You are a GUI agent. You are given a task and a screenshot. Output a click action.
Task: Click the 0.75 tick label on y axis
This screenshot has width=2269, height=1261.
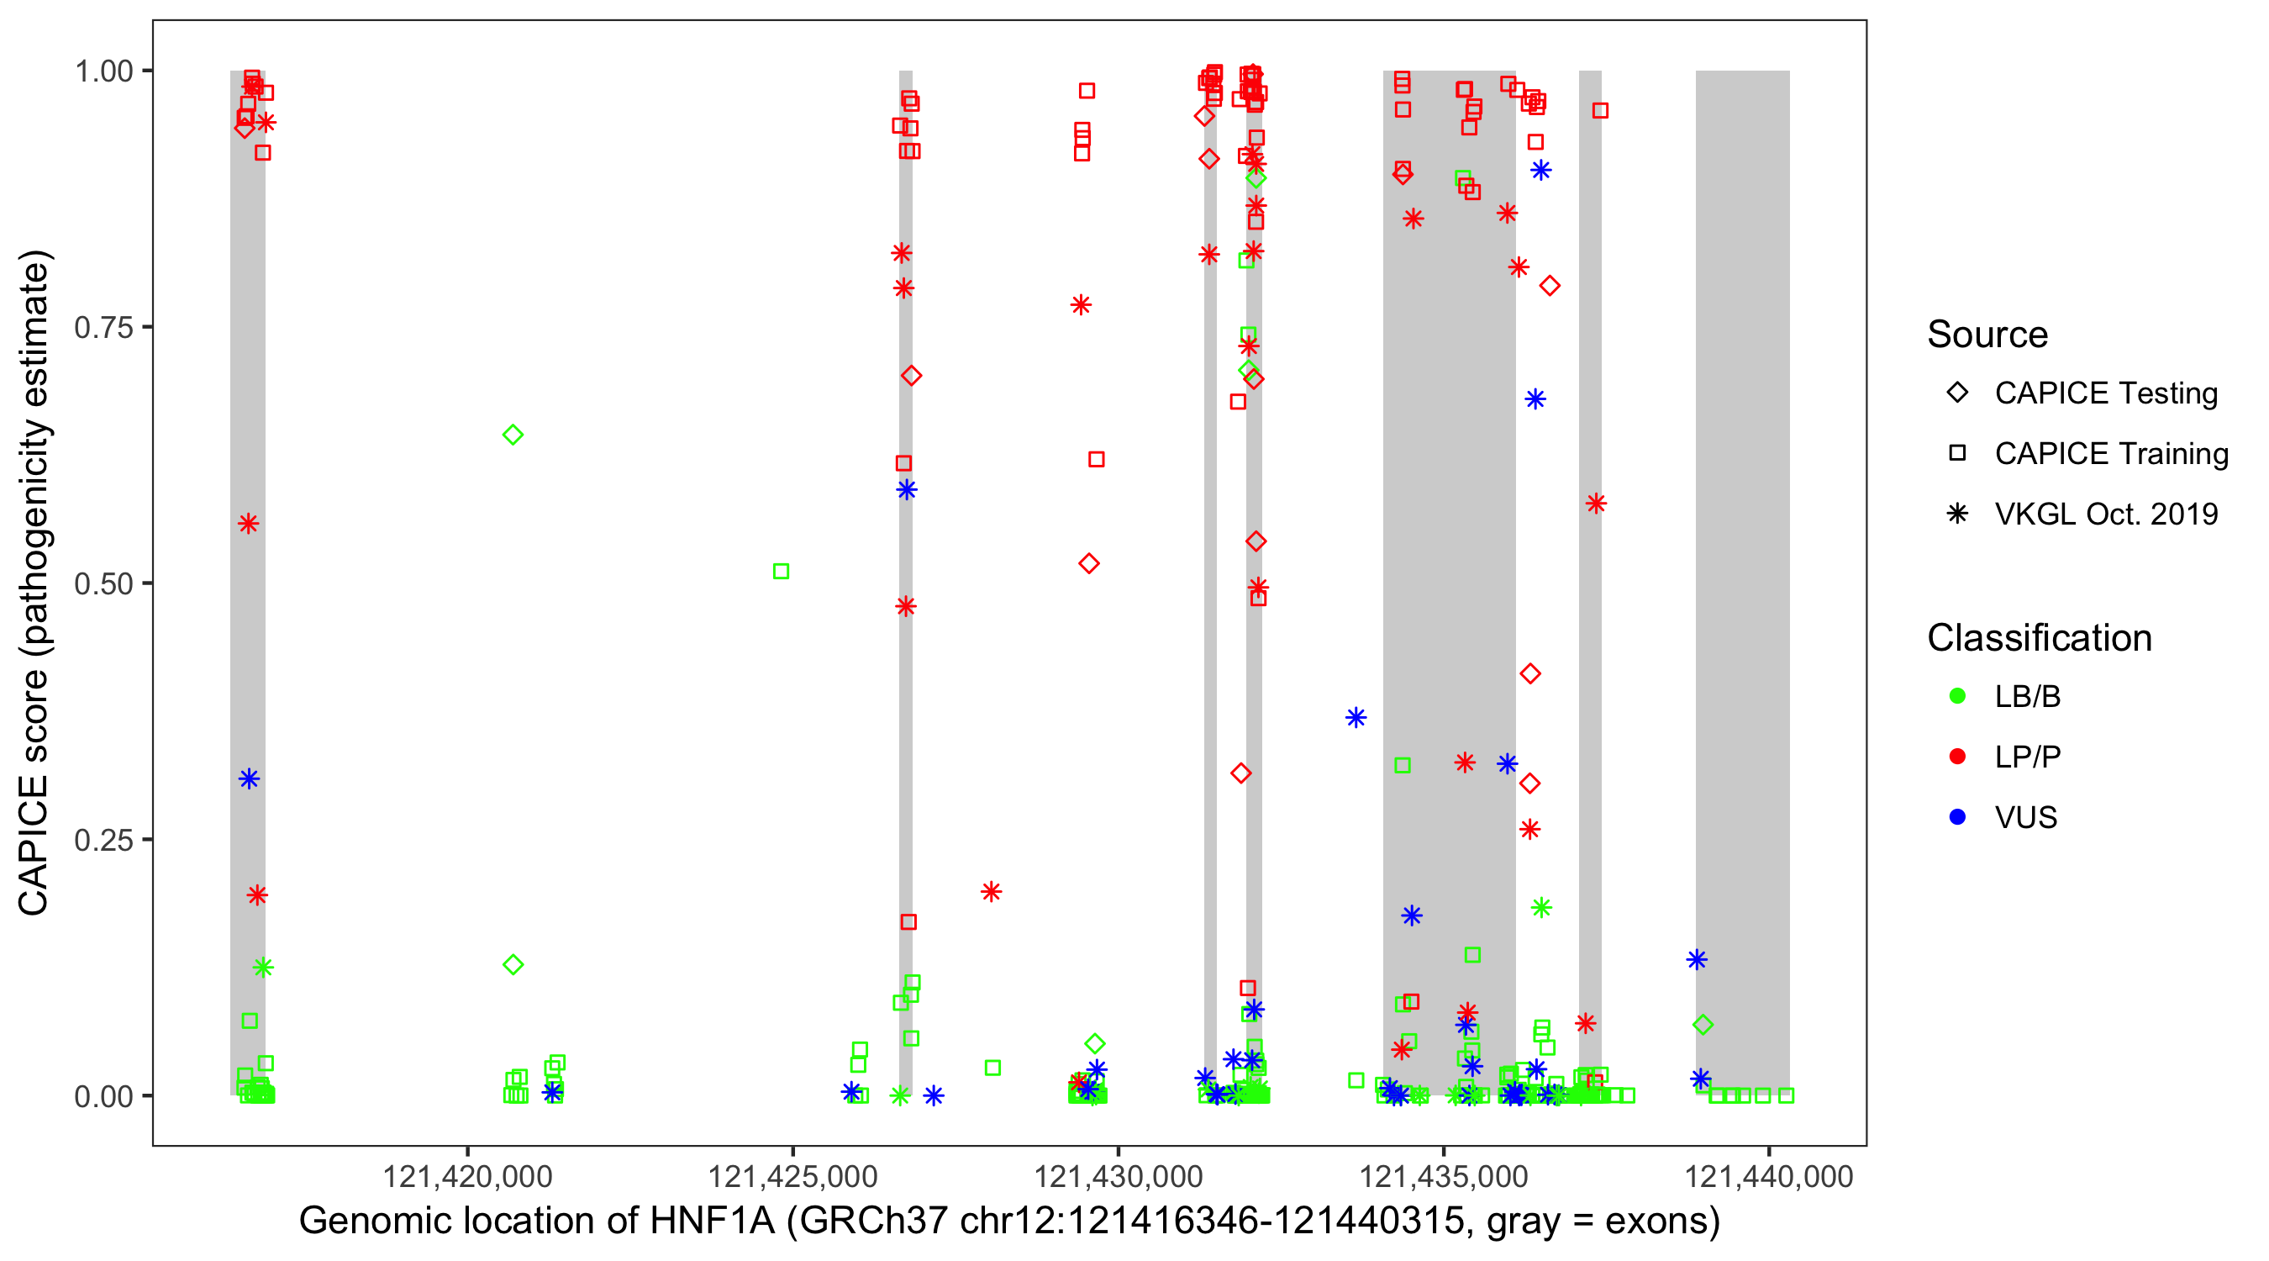(x=103, y=327)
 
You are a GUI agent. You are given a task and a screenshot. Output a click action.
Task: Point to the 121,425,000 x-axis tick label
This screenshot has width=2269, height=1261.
(x=792, y=1176)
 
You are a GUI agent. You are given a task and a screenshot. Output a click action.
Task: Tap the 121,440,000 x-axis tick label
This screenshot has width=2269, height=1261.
(x=1769, y=1176)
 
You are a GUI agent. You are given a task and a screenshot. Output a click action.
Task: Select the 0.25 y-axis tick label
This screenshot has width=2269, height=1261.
(x=103, y=840)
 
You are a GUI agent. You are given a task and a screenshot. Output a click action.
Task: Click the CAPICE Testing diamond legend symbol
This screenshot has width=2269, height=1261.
(x=1957, y=393)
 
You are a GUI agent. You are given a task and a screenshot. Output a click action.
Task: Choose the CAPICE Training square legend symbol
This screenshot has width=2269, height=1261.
(x=1957, y=454)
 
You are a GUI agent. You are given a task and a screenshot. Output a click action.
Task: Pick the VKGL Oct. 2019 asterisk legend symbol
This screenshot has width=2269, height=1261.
(x=1957, y=514)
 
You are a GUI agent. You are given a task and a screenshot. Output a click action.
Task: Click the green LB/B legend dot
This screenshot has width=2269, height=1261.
(x=1957, y=696)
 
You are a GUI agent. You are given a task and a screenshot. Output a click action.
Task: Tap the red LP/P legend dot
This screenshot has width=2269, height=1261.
(x=1957, y=757)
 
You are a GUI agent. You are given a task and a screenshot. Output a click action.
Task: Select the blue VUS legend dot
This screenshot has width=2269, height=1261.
(x=1957, y=817)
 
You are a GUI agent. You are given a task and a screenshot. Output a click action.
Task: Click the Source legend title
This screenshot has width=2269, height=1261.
(x=1987, y=335)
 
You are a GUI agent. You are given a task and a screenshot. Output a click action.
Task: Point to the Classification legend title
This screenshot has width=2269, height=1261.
(x=2039, y=638)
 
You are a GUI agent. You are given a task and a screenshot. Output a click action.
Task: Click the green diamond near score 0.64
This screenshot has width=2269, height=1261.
(x=513, y=435)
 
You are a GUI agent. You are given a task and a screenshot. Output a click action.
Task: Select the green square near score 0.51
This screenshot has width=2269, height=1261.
(x=781, y=572)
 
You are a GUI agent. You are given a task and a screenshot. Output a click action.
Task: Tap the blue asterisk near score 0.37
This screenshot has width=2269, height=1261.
(x=1356, y=717)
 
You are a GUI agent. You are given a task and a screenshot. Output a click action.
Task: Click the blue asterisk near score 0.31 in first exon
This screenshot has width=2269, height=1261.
(x=250, y=779)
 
